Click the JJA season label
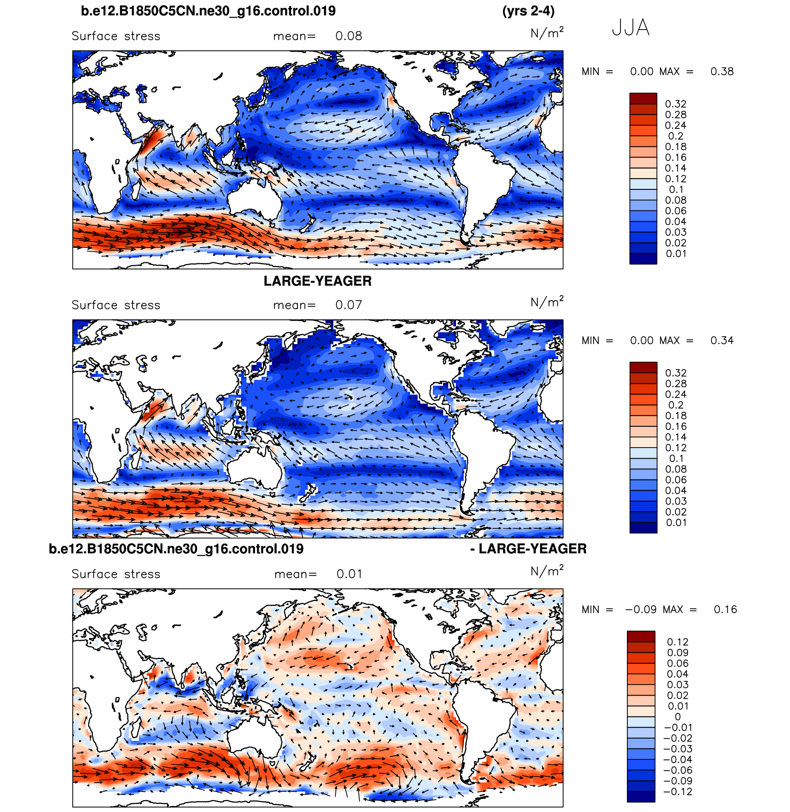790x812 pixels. pos(631,28)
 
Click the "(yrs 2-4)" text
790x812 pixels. pos(529,11)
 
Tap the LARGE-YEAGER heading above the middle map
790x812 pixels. pos(317,281)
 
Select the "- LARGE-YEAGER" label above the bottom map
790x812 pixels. pos(528,549)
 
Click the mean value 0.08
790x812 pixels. pos(348,36)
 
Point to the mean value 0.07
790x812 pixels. pos(348,305)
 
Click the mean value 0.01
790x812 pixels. pos(349,574)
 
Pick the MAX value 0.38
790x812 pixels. pos(722,72)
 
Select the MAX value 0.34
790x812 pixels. pos(722,340)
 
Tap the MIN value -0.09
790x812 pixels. pos(641,610)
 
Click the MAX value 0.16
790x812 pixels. pos(725,610)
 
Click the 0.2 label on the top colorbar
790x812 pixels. pos(675,136)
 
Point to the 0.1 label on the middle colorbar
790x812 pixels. pos(676,459)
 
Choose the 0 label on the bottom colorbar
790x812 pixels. pos(678,717)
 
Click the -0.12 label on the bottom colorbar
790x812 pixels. pos(678,792)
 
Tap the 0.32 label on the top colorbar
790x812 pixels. pos(675,104)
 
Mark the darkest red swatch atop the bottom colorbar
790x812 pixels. pos(641,636)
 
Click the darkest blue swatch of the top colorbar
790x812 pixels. pos(643,259)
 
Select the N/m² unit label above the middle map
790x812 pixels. pos(547,302)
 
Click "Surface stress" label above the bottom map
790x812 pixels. pos(116,574)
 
